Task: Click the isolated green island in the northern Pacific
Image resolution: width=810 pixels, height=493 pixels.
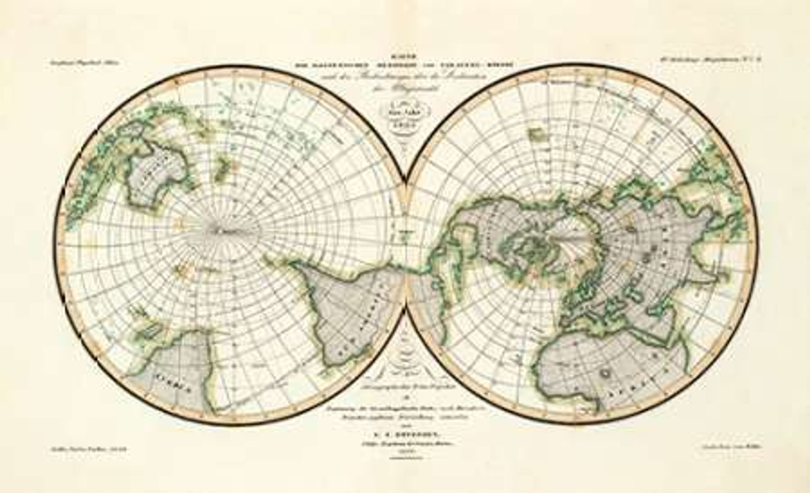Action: (537, 135)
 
